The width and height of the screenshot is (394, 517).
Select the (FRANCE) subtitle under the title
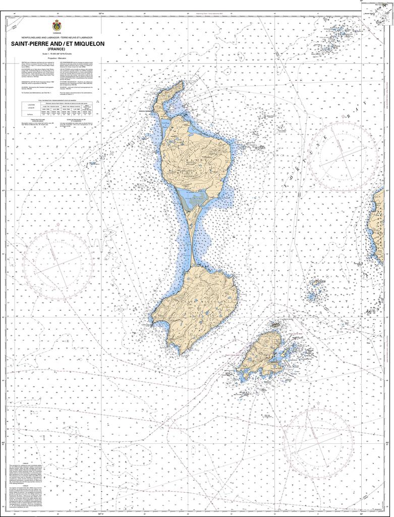point(55,48)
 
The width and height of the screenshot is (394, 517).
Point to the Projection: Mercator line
point(55,59)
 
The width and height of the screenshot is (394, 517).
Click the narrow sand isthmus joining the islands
point(192,237)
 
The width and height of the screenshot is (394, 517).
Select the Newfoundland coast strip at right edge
point(379,222)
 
